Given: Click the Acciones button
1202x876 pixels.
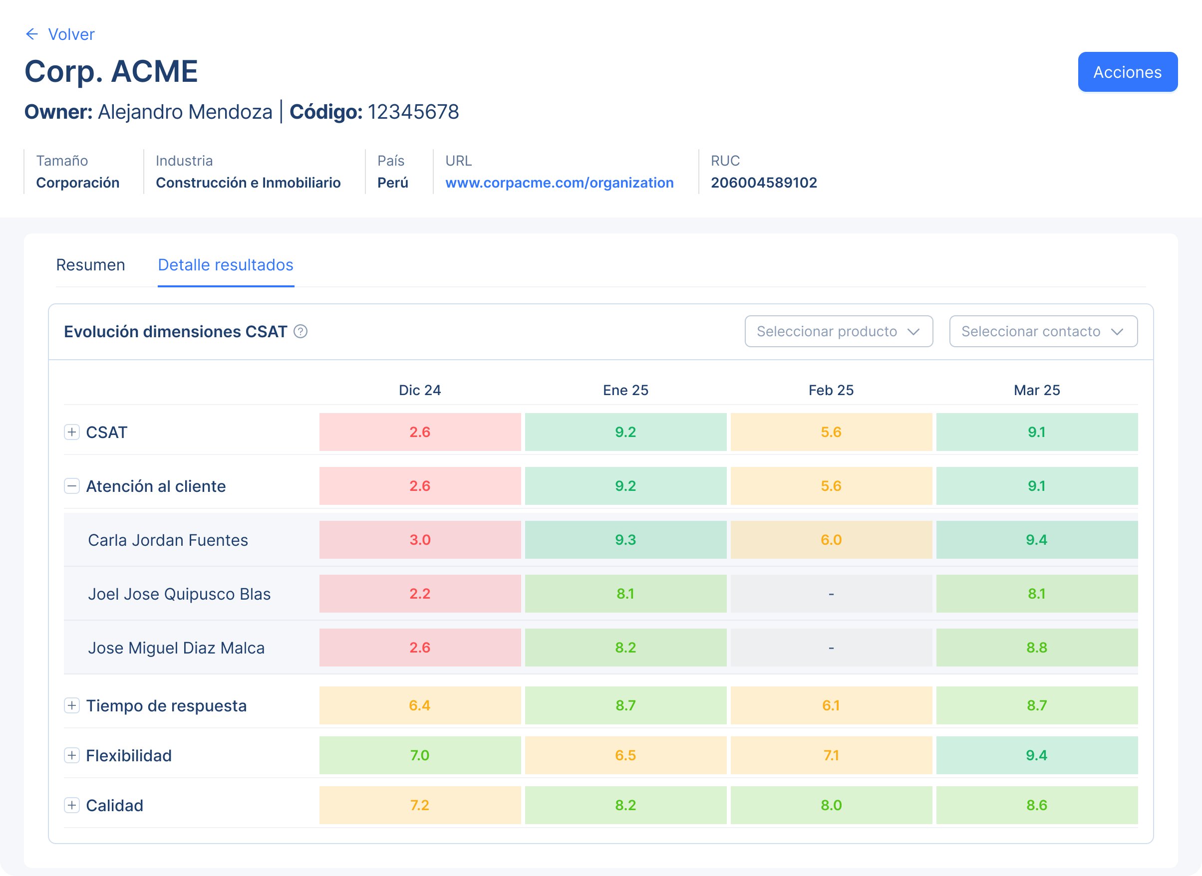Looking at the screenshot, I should coord(1127,72).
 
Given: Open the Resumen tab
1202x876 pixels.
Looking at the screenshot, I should coord(91,264).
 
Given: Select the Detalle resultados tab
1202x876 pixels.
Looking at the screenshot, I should coord(226,264).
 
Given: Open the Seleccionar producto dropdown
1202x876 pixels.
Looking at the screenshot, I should coord(838,331).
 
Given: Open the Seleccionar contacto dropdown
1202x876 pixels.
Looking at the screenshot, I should coord(1043,331).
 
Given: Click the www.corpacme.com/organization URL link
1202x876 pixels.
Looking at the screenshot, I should coord(559,183).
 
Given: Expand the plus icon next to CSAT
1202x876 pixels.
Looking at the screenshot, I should coord(71,432).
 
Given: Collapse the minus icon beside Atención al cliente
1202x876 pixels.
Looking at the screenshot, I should coord(71,486).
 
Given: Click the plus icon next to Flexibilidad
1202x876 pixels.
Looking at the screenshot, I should coord(71,755).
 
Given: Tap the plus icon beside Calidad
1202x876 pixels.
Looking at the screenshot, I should coord(71,805).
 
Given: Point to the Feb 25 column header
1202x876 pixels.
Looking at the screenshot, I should coord(831,390).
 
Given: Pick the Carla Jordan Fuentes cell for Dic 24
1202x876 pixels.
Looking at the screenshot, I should coord(420,540).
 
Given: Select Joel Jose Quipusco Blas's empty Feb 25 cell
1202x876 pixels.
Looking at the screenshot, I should coord(831,594).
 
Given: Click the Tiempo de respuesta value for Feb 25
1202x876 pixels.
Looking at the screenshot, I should coord(831,705).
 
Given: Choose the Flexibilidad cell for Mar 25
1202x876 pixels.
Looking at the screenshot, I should coord(1036,755).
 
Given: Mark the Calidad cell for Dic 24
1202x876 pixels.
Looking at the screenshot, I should coord(420,805).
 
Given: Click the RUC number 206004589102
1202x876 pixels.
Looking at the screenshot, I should coord(763,183).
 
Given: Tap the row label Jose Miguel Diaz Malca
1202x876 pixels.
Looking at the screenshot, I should coord(176,648).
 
